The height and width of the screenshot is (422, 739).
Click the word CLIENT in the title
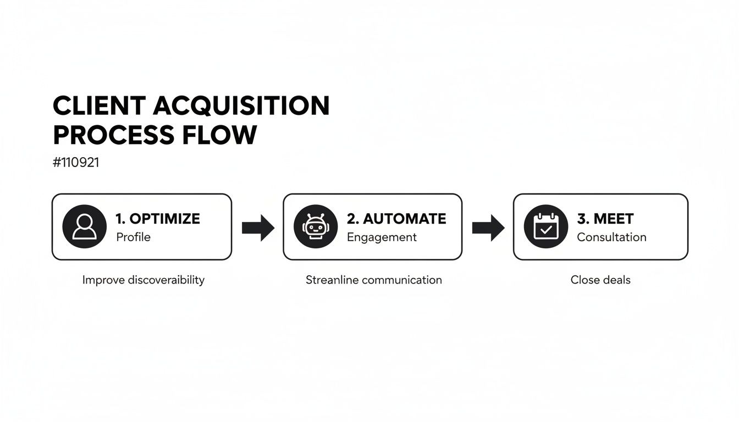coord(99,106)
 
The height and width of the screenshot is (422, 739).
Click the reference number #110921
coord(76,163)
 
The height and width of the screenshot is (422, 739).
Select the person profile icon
coord(84,226)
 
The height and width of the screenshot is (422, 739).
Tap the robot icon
coord(315,226)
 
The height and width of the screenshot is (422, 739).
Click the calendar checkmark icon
coord(545,226)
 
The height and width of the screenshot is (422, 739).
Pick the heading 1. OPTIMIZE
coord(158,219)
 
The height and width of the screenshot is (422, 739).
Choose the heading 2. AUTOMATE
coord(396,219)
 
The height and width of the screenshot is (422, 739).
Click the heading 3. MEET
coord(605,219)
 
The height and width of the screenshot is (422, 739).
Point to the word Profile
coord(133,237)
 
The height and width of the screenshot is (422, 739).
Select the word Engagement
coord(382,237)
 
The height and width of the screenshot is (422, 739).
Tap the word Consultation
coord(611,237)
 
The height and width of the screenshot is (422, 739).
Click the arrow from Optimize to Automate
coord(258,227)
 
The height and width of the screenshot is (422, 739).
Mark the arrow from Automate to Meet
coord(488,227)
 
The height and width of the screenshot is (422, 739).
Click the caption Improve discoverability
coord(143,280)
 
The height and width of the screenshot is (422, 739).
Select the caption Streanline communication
coord(373,280)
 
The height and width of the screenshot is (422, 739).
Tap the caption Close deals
coord(600,280)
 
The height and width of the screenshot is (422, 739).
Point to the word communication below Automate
coord(401,280)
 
